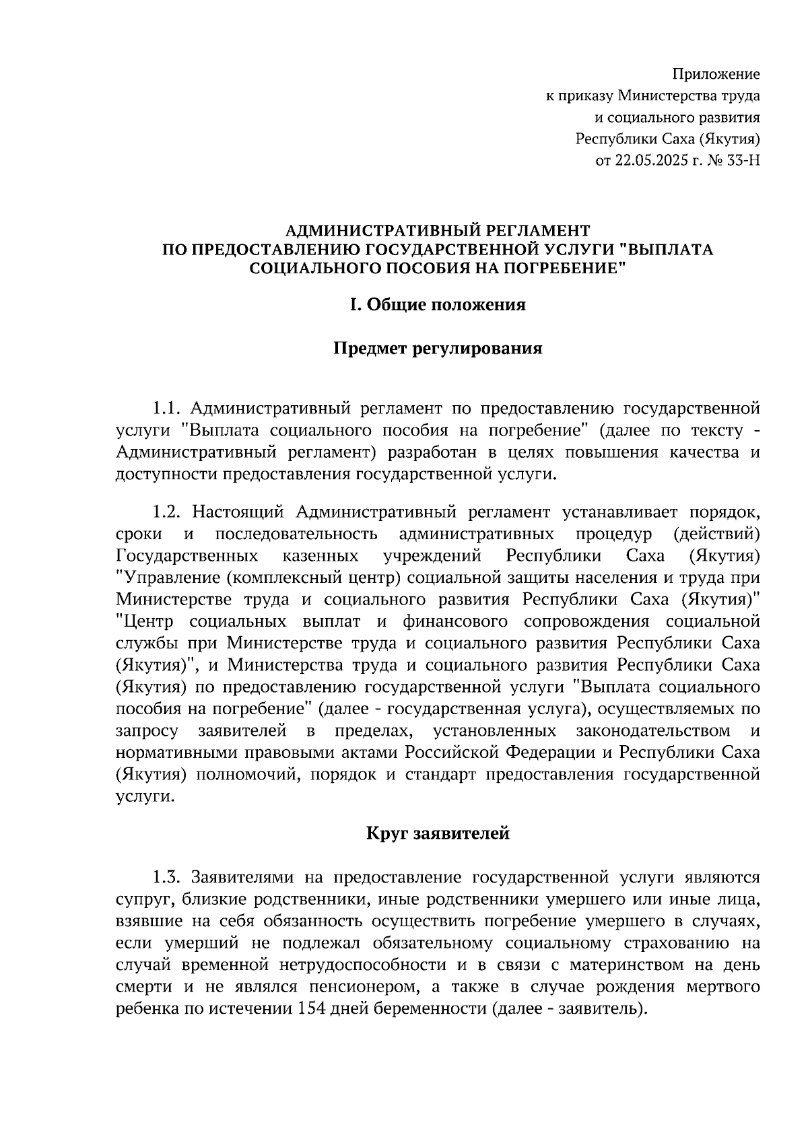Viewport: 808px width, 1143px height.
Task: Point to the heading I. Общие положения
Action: tap(437, 305)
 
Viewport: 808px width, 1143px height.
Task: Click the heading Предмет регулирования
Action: tap(437, 349)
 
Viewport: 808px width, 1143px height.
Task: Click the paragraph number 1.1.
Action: tap(167, 409)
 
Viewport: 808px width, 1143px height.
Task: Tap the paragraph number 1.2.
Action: tap(167, 512)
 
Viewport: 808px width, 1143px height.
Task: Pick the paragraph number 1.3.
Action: tap(167, 878)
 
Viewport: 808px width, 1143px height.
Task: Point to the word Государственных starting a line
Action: tap(187, 556)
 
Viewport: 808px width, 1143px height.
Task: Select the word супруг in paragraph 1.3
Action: tap(143, 900)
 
